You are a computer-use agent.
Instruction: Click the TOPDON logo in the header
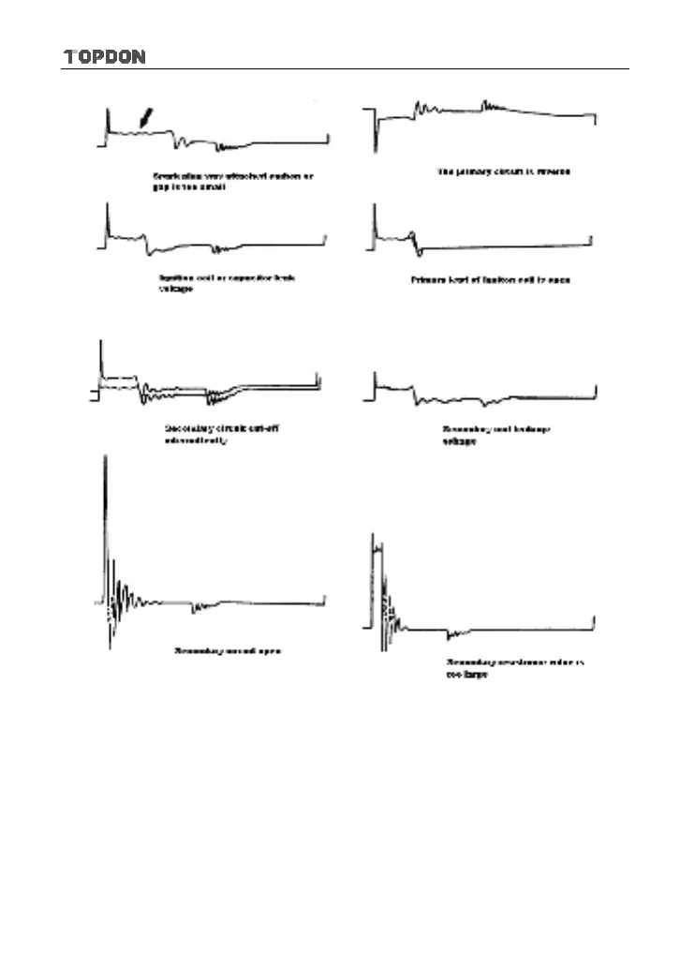coord(104,57)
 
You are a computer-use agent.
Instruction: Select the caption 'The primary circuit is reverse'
coord(504,171)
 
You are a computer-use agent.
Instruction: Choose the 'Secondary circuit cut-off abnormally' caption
coord(221,434)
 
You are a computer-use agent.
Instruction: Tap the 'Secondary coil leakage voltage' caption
coord(495,435)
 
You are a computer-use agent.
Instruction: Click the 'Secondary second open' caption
coord(228,650)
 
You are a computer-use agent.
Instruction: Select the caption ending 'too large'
coord(513,667)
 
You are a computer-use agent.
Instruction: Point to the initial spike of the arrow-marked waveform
coord(109,122)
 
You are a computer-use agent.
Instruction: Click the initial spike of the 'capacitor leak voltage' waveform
coord(109,220)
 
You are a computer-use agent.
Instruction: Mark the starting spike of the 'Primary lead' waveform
coord(375,220)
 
